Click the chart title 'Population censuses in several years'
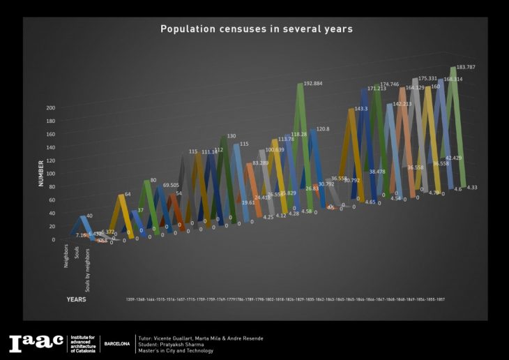[x=256, y=29]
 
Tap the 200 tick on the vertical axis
[x=50, y=108]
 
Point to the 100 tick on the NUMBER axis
[x=50, y=174]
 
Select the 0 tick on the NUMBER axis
[x=54, y=239]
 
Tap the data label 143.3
[x=360, y=109]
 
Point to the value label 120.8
[x=323, y=129]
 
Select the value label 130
[x=231, y=136]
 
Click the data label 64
[x=128, y=195]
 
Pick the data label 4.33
[x=471, y=187]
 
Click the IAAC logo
[x=36, y=343]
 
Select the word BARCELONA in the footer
[x=116, y=344]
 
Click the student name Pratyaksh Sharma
[x=190, y=344]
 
